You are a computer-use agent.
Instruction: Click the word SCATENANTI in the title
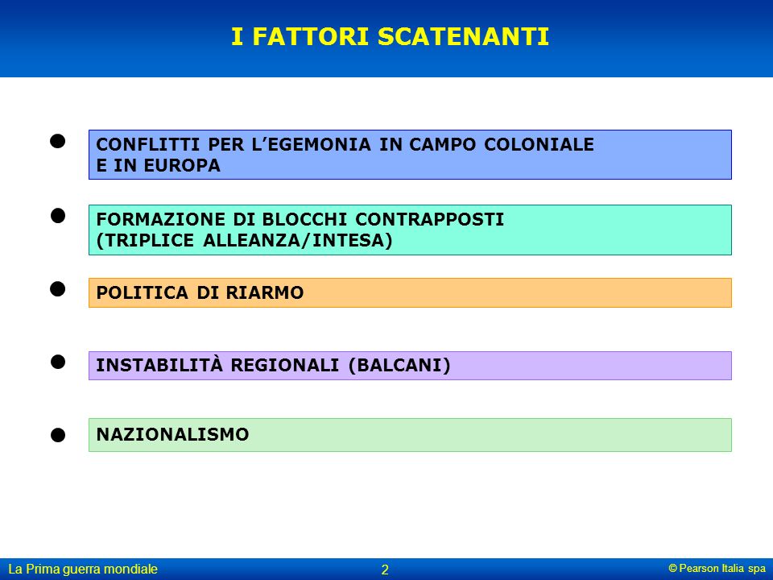point(464,36)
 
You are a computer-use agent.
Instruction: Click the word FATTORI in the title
point(311,36)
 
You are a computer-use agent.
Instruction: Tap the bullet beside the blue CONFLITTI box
point(58,142)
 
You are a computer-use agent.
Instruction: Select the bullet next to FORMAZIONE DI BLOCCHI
point(58,216)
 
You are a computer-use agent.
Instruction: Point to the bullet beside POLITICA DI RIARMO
point(58,289)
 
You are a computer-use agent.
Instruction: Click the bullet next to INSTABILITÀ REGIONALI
point(58,362)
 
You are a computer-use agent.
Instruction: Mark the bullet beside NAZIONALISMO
point(58,435)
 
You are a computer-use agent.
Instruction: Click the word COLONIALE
point(539,144)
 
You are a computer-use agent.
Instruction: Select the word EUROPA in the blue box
point(182,166)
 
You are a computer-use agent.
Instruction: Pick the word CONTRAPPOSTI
point(429,219)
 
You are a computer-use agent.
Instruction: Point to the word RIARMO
point(265,292)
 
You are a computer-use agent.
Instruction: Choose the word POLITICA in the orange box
point(143,292)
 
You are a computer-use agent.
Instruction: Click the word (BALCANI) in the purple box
point(399,366)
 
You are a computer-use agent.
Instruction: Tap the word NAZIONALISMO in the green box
point(172,434)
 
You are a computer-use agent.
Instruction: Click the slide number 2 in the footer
point(385,570)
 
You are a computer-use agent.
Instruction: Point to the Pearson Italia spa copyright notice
point(717,568)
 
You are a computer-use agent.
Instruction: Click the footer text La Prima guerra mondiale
point(83,570)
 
